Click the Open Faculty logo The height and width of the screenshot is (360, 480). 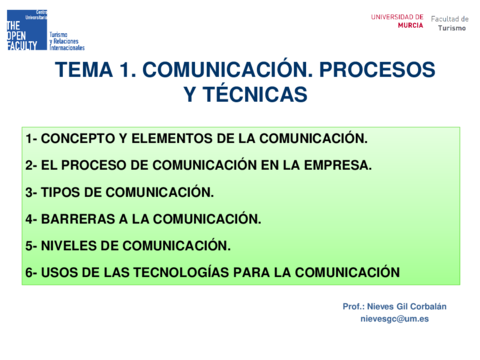click(27, 29)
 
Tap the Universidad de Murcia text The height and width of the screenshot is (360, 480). click(397, 20)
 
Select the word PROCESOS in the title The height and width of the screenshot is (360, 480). click(376, 70)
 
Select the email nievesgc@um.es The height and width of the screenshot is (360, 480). click(394, 318)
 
